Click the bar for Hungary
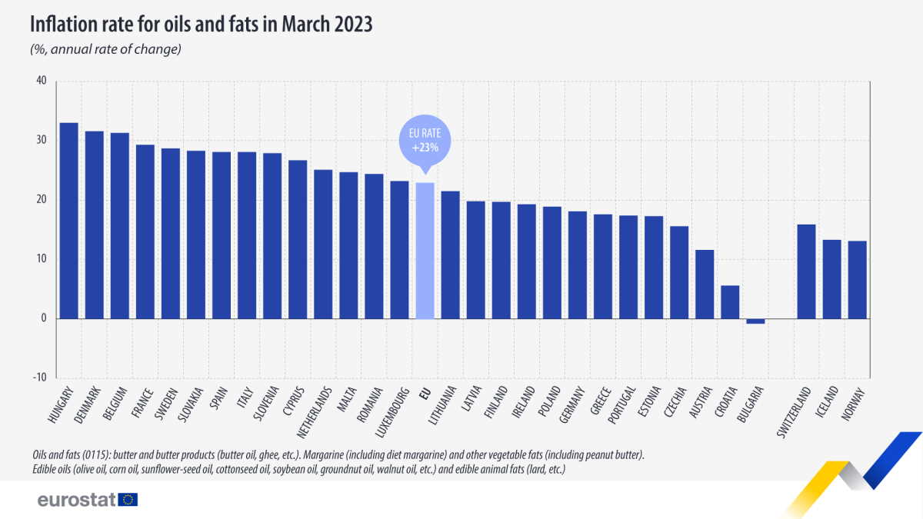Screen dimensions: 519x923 coord(68,221)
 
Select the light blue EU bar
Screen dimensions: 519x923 coord(425,251)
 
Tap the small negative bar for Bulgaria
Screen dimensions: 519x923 coord(755,321)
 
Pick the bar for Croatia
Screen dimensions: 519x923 coord(730,302)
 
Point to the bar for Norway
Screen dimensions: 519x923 coord(857,280)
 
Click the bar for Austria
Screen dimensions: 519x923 coord(705,284)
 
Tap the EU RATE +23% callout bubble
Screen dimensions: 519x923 coord(425,138)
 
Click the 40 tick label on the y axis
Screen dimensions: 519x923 coord(41,81)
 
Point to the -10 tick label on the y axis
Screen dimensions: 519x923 coord(39,378)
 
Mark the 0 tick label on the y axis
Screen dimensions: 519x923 coord(44,318)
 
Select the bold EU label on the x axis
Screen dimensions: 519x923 coord(423,394)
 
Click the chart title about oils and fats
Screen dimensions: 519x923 coord(201,25)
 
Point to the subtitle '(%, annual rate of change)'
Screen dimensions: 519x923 coord(105,50)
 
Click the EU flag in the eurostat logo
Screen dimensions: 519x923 coord(128,500)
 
